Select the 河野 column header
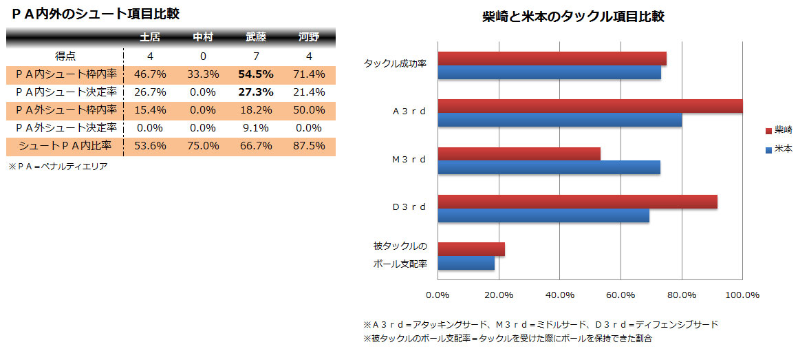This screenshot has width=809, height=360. (308, 37)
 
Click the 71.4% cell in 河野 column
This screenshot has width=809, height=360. (308, 74)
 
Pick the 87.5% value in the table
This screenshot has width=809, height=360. (308, 146)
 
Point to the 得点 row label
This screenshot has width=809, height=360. (65, 56)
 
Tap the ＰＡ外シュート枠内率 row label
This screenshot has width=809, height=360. (65, 110)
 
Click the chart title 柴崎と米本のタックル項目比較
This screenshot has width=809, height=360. (573, 17)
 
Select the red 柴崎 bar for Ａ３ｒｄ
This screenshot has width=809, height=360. (590, 106)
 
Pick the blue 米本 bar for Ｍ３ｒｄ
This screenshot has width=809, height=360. (549, 167)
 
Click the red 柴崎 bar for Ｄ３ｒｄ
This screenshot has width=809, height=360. (577, 202)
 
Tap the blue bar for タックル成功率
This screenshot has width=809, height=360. (549, 72)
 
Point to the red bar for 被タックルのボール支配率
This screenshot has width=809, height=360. (471, 249)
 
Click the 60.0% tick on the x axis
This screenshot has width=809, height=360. (621, 295)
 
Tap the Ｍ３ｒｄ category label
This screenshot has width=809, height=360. (409, 160)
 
